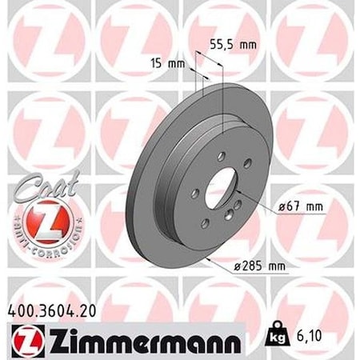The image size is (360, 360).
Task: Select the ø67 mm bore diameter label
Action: [299, 206]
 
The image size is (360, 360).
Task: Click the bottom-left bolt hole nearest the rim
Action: [205, 222]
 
